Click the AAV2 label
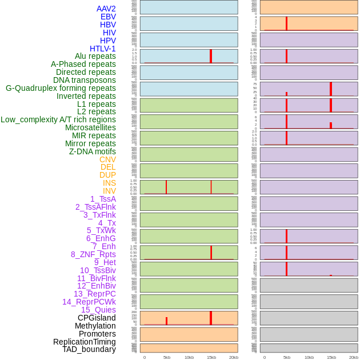click(106, 9)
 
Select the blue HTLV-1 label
click(103, 49)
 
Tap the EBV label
click(108, 17)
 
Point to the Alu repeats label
click(95, 56)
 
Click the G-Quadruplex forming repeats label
click(61, 88)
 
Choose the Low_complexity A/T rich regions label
click(58, 119)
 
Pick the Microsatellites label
click(90, 127)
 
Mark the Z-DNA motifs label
click(93, 151)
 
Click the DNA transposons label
click(85, 80)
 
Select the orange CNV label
click(107, 159)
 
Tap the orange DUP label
click(107, 175)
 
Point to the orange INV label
click(109, 191)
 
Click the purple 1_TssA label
click(103, 199)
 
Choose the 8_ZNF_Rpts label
click(93, 254)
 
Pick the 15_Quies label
click(98, 310)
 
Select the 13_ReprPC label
click(95, 294)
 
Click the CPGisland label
click(97, 318)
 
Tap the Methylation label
click(95, 326)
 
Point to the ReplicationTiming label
click(85, 342)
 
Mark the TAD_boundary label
click(89, 349)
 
